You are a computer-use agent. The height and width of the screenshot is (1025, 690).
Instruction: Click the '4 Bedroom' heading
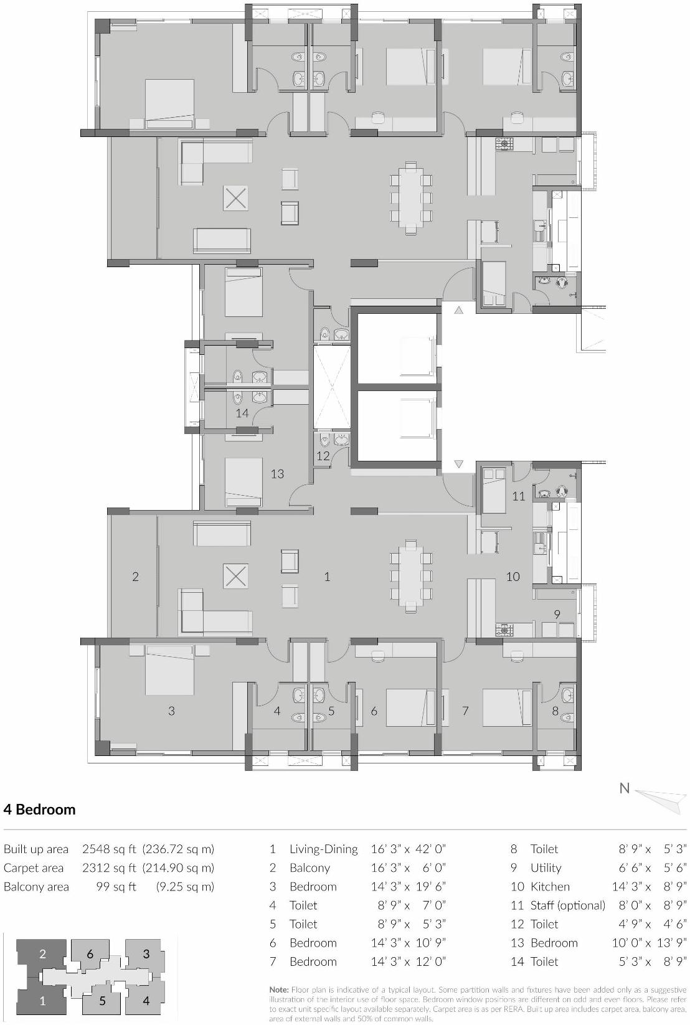39,810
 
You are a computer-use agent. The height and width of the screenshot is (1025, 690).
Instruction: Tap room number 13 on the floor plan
277,474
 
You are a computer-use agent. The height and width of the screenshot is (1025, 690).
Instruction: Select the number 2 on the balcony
135,577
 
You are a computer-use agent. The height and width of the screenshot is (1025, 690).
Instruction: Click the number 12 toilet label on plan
323,456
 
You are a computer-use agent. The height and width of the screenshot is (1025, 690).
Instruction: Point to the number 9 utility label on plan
557,614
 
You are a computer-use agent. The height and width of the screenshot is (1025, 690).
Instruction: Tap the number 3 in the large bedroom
171,711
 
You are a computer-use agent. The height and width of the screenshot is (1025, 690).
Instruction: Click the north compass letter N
624,788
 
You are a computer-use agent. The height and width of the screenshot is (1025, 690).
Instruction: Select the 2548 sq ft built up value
109,849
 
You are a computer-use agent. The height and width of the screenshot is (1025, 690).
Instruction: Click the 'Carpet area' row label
34,868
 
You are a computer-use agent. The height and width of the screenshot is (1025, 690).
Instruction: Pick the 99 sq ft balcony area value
116,887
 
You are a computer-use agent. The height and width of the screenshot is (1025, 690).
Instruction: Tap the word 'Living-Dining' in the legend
323,849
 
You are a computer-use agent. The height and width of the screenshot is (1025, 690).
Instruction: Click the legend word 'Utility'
546,868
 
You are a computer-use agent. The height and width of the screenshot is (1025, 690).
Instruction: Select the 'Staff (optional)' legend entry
567,905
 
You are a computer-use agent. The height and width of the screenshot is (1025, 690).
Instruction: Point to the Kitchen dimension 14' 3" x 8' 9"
648,887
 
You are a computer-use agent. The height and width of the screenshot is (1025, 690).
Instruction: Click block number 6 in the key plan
90,954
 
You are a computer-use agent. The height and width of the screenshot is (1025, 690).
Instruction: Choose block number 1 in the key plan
42,1002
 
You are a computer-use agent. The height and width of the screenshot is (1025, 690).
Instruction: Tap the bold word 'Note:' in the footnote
279,990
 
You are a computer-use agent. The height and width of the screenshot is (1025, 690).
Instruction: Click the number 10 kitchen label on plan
513,577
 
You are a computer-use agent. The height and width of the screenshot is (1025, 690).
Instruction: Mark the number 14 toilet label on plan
242,413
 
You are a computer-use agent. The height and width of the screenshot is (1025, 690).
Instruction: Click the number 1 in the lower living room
327,577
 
